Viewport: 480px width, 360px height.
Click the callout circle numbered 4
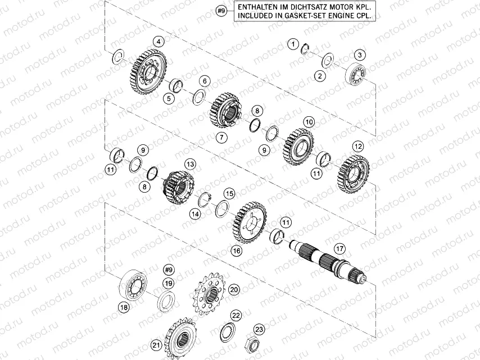click(x=160, y=41)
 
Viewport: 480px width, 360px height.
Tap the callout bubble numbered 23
click(x=259, y=329)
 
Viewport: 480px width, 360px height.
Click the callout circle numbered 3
click(x=360, y=54)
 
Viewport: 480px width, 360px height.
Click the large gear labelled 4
click(x=151, y=73)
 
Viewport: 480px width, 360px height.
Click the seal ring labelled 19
click(x=166, y=300)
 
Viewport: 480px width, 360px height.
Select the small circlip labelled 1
click(x=305, y=48)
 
